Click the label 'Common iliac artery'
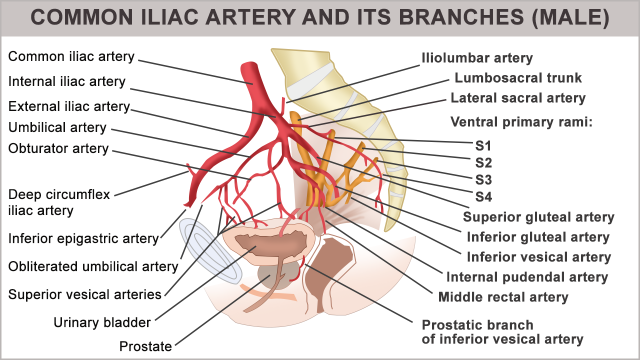click(x=71, y=56)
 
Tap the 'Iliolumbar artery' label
click(x=477, y=58)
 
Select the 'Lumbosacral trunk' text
click(x=518, y=78)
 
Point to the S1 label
click(x=483, y=146)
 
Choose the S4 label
click(x=483, y=197)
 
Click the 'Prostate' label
click(x=145, y=346)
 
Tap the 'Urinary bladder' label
click(x=102, y=323)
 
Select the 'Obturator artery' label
click(x=58, y=148)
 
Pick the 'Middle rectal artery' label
click(x=503, y=297)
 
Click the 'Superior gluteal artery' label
click(x=538, y=217)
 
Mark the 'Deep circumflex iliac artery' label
click(x=59, y=202)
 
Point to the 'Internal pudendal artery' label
click(x=527, y=277)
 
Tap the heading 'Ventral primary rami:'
click(x=521, y=122)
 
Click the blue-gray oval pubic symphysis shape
click(x=210, y=250)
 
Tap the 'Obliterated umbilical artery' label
click(x=93, y=266)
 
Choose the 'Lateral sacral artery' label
click(x=518, y=98)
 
